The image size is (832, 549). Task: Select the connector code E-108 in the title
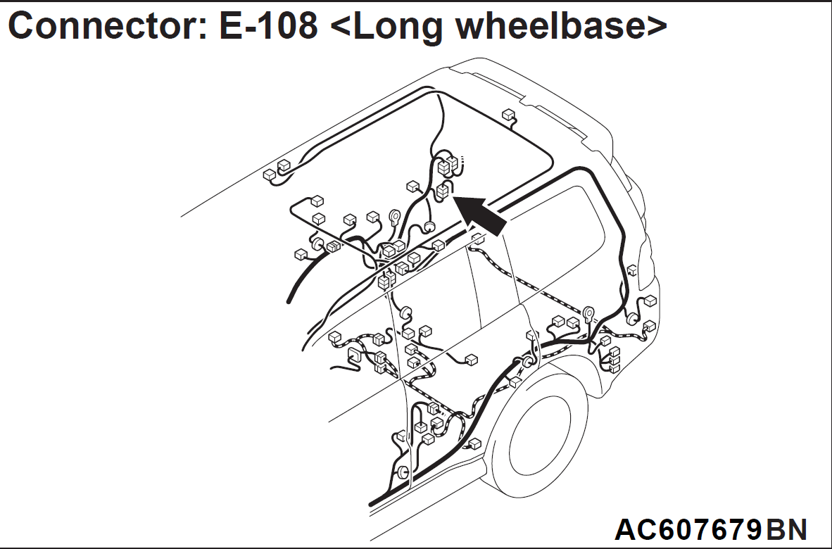[x=268, y=25]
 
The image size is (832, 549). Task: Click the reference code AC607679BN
[x=711, y=529]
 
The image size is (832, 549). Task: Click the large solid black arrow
[x=480, y=215]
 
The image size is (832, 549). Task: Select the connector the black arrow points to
[x=443, y=191]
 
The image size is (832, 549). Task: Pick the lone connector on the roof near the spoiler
[x=508, y=115]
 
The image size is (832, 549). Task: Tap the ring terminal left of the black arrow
[x=395, y=216]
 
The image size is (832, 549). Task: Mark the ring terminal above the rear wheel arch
[x=589, y=313]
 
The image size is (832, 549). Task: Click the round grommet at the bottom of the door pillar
[x=403, y=472]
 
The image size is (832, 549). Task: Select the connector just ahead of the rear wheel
[x=475, y=443]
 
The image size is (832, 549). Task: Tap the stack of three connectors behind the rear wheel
[x=614, y=360]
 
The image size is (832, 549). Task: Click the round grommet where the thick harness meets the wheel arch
[x=527, y=361]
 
